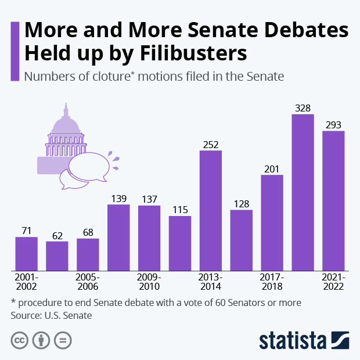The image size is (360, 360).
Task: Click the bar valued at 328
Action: (303, 193)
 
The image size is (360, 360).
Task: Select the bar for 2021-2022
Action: (333, 201)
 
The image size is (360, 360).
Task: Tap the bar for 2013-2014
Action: (211, 211)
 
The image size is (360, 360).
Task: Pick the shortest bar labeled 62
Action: (57, 256)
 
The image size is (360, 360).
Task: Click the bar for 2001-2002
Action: (26, 254)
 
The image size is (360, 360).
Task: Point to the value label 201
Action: (272, 168)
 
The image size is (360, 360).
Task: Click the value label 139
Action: (118, 199)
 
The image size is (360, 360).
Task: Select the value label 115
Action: (180, 210)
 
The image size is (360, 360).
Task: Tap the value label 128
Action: (242, 204)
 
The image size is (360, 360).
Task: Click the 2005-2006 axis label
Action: (88, 282)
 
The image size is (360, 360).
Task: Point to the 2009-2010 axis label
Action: (149, 282)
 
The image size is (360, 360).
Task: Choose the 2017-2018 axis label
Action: (272, 282)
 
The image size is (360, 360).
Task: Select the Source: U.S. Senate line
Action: (52, 316)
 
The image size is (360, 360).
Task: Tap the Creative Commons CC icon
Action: (20, 340)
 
